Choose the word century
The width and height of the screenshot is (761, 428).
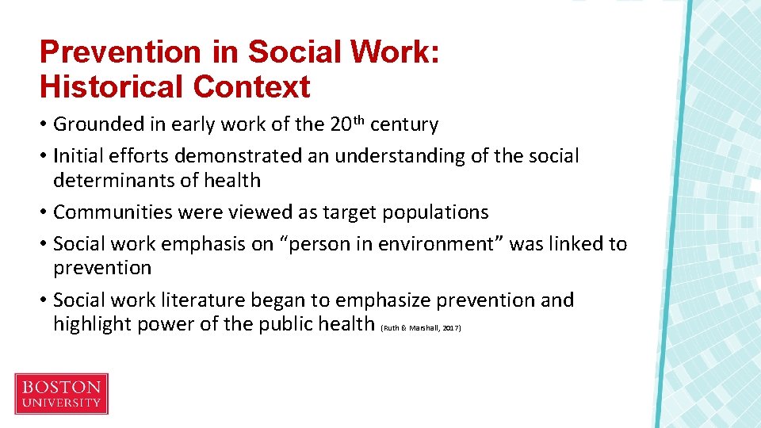coord(404,124)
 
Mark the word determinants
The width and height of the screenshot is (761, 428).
coord(110,180)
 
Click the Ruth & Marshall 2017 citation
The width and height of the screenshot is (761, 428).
coord(421,327)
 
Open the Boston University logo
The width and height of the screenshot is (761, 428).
coord(61,394)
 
